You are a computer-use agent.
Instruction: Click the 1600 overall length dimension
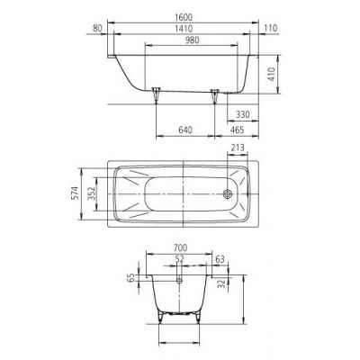coord(184,15)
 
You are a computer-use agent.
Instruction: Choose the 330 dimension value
coord(242,114)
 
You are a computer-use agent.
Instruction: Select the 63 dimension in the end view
coord(220,259)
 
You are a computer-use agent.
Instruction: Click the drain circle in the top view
coord(228,192)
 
